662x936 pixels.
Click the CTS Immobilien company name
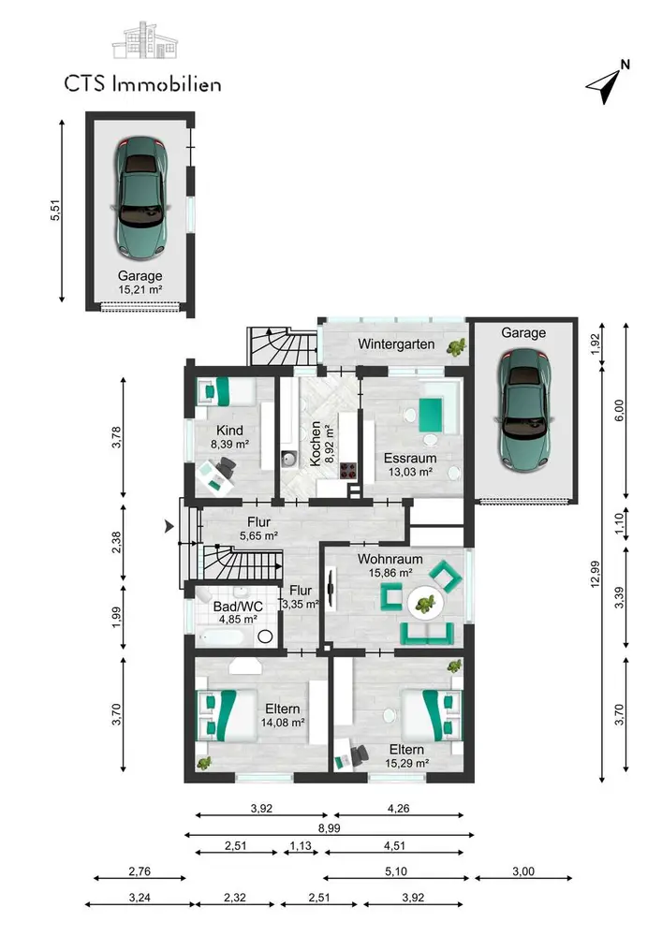[x=142, y=83]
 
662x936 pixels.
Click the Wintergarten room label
[x=396, y=344]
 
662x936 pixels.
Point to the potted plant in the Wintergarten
[x=458, y=347]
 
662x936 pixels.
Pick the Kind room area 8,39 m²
[x=229, y=444]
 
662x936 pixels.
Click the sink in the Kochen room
[x=289, y=459]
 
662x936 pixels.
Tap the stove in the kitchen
[x=349, y=470]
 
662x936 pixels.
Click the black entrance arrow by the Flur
[x=169, y=526]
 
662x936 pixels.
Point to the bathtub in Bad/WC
[x=221, y=636]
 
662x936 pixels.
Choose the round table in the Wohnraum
[x=426, y=604]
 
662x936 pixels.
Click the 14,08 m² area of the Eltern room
[x=283, y=723]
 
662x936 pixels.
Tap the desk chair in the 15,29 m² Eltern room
[x=360, y=755]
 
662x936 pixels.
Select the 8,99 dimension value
[x=330, y=828]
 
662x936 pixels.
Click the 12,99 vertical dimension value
[x=596, y=574]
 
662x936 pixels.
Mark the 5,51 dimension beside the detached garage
[x=55, y=210]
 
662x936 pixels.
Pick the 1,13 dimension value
[x=301, y=846]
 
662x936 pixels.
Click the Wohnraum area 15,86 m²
[x=390, y=573]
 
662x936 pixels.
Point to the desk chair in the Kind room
[x=226, y=467]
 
